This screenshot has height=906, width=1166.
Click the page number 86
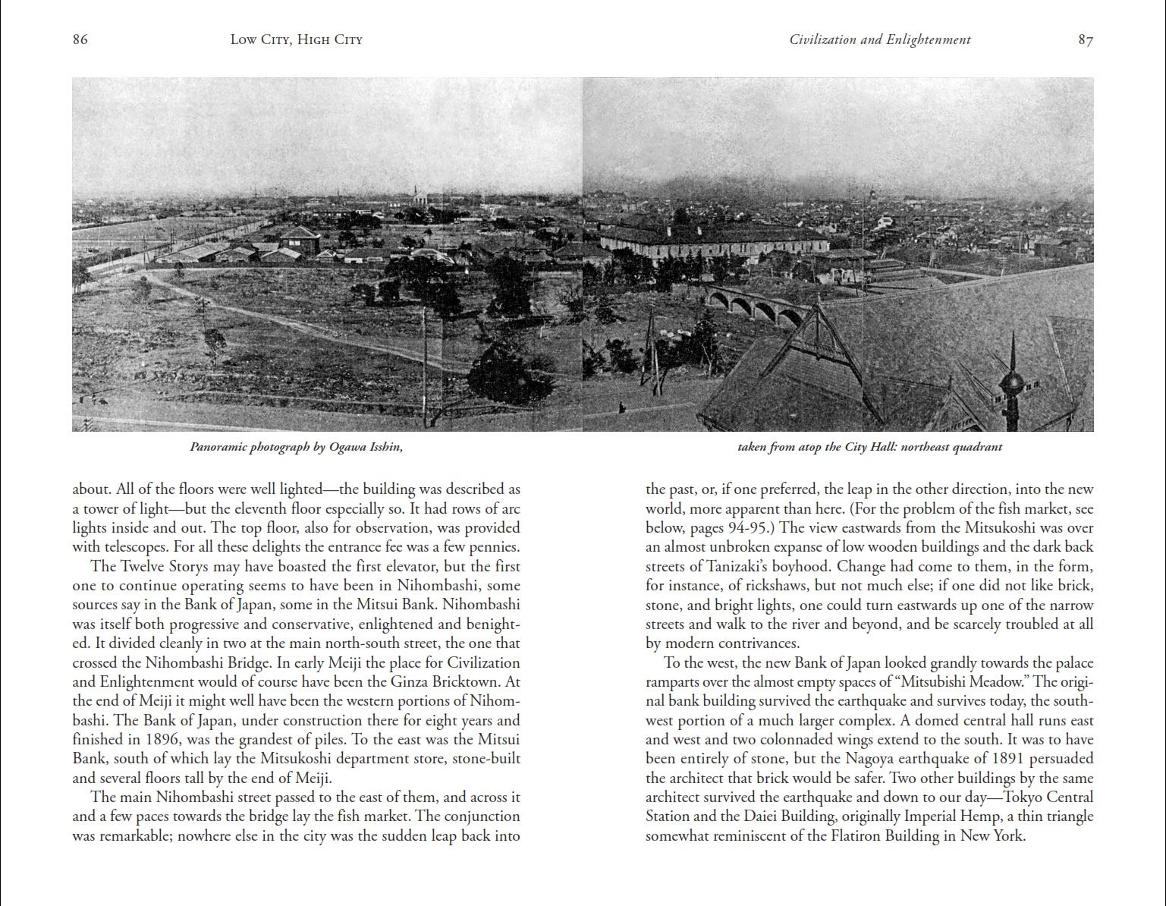(x=80, y=39)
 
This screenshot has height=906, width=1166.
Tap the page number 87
(x=1086, y=39)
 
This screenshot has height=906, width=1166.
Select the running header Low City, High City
(x=296, y=39)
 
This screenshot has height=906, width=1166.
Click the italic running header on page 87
(x=879, y=39)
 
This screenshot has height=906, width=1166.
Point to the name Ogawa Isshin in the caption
(x=366, y=447)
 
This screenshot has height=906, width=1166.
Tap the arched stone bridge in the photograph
(x=751, y=304)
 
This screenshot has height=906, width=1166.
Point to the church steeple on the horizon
(x=416, y=194)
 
